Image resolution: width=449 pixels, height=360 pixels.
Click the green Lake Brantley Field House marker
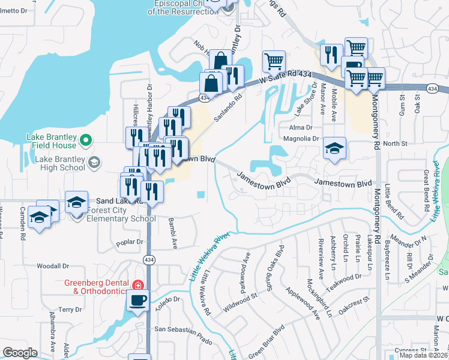86,140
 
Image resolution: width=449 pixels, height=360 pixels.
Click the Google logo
20,353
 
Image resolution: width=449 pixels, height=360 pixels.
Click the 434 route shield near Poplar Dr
148,259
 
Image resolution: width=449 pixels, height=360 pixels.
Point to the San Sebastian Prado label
184,330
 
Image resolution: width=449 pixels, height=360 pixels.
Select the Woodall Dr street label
53,265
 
